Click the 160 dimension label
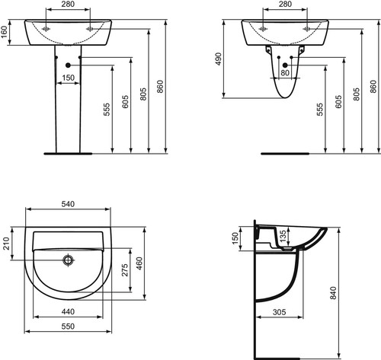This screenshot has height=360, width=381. tap(5, 33)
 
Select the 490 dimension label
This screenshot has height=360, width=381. tap(219, 59)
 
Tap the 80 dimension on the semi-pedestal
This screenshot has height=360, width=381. tap(285, 73)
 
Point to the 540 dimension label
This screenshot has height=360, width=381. tap(68, 204)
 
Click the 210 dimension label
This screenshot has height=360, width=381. tap(6, 244)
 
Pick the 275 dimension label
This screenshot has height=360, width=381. tap(125, 270)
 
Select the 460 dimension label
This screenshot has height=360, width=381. tap(139, 263)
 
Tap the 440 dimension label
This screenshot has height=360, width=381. tap(68, 311)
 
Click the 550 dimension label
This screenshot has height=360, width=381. tap(68, 326)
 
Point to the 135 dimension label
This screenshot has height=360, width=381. tap(283, 235)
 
